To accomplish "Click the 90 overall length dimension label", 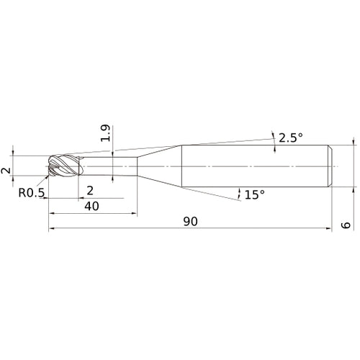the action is tap(191, 221).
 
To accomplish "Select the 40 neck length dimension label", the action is tap(91, 206).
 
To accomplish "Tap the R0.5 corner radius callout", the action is tap(32, 193).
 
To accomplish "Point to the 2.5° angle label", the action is tap(291, 138).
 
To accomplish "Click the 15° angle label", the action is tap(255, 194).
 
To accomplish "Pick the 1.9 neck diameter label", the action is tap(106, 133).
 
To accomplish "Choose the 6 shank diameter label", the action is tap(346, 225).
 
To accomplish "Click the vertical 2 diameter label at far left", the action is tap(6, 171).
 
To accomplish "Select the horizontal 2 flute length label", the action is tap(90, 191).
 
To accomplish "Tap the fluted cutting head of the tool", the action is tap(66, 166).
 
